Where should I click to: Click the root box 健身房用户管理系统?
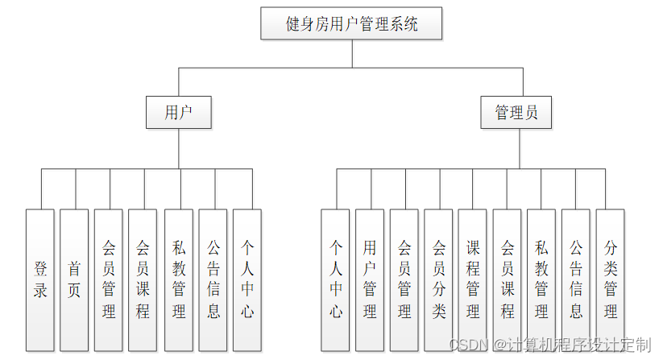pos(352,23)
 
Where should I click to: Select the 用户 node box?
pos(178,112)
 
